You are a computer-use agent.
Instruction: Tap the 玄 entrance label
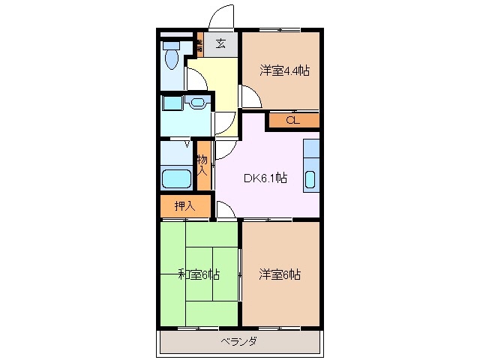pos(221,43)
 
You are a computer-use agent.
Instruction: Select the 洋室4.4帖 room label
pos(284,70)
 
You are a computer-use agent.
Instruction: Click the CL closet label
pos(292,120)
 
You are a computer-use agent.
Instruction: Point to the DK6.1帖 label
pos(264,178)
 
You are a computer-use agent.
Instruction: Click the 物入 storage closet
pos(202,164)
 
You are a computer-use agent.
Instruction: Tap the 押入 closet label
pos(184,206)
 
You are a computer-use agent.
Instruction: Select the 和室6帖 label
pos(199,274)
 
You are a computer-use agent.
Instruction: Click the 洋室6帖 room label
pos(280,274)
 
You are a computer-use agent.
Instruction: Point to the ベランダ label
pos(240,342)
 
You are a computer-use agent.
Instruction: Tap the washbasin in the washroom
pos(198,103)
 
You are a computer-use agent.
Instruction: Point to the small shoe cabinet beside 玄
pos(199,43)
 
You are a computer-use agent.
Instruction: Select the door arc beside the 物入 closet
pos(222,151)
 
